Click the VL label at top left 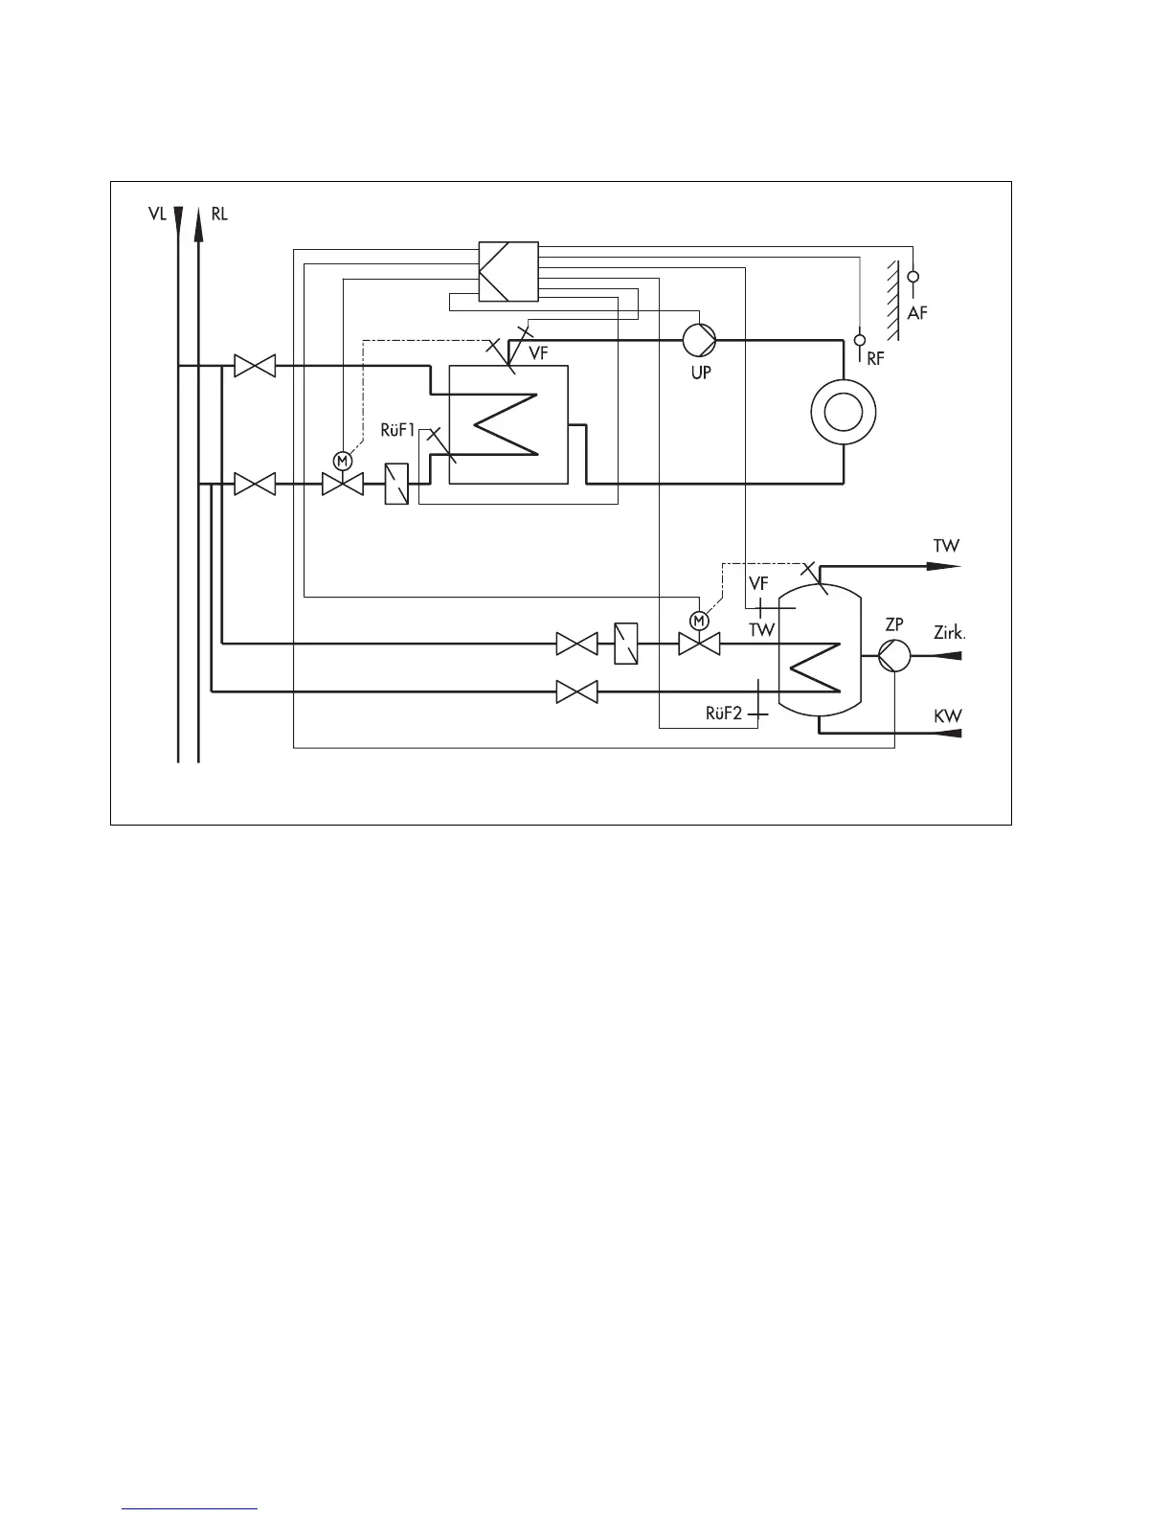point(157,214)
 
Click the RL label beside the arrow point(219,214)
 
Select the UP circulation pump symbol point(699,340)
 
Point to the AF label point(917,312)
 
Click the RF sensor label point(875,360)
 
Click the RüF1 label point(398,430)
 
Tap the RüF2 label point(724,713)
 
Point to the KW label point(948,716)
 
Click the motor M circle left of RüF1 point(341,460)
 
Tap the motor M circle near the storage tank point(699,621)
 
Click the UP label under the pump point(702,373)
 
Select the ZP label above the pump point(894,624)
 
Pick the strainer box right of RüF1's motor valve point(396,485)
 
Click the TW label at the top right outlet point(946,546)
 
